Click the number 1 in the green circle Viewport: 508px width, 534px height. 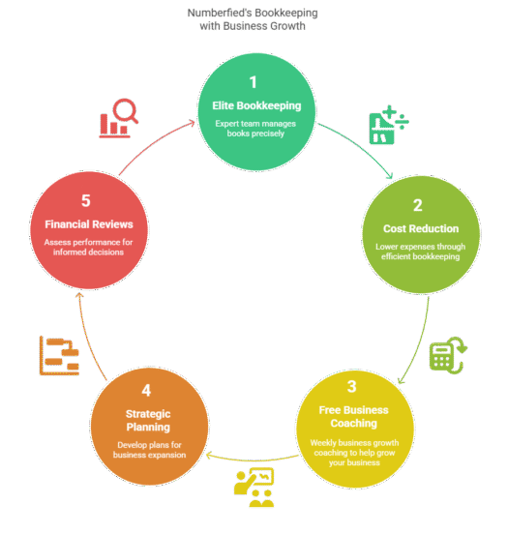[253, 82]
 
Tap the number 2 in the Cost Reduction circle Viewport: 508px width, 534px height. [418, 205]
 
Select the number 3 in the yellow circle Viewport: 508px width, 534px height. [352, 387]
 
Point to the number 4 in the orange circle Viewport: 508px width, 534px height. [146, 390]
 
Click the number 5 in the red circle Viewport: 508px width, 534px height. [86, 200]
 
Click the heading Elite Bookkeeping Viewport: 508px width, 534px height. [256, 105]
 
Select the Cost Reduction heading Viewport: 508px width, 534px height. [421, 228]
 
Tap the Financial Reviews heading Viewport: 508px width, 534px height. [89, 224]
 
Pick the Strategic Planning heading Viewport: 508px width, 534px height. [148, 421]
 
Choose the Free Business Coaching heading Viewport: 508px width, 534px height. [353, 417]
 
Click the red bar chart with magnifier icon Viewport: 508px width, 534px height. [119, 118]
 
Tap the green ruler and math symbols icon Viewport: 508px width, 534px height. [389, 125]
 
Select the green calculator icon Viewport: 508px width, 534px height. [448, 355]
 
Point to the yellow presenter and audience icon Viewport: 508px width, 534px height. [254, 488]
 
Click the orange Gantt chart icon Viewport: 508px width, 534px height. [59, 356]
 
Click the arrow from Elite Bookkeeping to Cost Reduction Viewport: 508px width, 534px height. [361, 145]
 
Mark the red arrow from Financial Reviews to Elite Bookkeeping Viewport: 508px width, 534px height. [153, 142]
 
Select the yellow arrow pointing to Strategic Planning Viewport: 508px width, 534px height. [253, 460]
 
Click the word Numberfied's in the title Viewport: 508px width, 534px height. [220, 13]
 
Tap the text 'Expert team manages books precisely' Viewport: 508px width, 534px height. [255, 129]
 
